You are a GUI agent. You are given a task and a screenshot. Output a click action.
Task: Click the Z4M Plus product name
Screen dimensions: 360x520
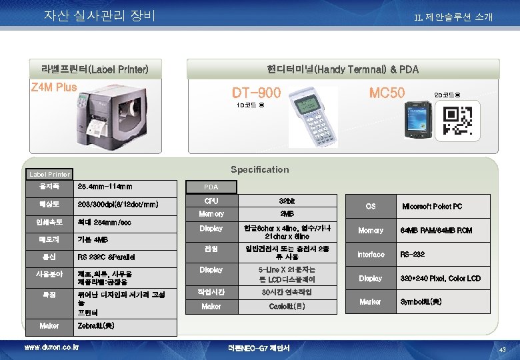pos(55,87)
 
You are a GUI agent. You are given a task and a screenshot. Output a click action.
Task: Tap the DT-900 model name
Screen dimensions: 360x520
pos(257,93)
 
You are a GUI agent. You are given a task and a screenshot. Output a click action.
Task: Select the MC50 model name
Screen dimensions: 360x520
pos(387,93)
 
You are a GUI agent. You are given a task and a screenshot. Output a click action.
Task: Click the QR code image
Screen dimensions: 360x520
pos(459,120)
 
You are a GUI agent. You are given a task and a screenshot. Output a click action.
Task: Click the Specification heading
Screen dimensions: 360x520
pos(259,169)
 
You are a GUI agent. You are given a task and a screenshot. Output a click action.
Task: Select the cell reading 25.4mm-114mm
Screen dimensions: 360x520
pos(105,186)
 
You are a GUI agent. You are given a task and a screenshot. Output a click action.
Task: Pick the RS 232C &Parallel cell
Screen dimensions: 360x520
pos(106,257)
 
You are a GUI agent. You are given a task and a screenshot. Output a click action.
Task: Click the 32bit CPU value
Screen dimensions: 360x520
pos(287,201)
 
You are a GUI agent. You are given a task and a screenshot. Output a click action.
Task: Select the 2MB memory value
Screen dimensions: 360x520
pos(287,214)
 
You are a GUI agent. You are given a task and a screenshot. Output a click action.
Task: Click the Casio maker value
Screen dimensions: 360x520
pos(287,307)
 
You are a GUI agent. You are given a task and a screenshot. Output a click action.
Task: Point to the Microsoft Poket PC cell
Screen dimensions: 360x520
pos(431,207)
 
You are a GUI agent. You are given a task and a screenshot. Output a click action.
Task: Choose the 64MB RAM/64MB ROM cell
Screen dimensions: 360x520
pos(436,231)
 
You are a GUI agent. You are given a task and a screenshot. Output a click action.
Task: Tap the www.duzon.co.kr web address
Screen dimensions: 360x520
pos(51,347)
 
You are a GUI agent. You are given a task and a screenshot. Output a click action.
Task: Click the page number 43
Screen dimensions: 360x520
pos(503,350)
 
